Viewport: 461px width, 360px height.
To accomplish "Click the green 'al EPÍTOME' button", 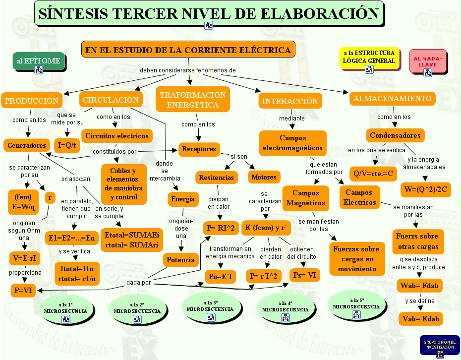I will tap(39, 61).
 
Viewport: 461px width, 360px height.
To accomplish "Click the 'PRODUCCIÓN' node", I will tap(32, 101).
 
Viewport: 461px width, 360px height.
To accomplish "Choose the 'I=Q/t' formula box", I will tap(67, 145).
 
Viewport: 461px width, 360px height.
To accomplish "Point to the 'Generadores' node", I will tap(27, 146).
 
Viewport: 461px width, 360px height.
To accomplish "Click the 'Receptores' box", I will tap(199, 149).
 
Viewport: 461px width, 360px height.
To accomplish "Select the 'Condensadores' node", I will tap(395, 135).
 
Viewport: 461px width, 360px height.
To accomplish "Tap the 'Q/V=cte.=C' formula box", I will tap(373, 174).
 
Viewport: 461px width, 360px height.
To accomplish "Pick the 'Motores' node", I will tap(264, 177).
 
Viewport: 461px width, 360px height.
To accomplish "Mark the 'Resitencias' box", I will tap(216, 178).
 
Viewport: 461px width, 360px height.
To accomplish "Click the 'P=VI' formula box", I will tap(23, 291).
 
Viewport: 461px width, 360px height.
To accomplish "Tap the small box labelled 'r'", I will tap(50, 198).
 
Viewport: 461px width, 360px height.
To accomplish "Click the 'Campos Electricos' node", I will tap(360, 197).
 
